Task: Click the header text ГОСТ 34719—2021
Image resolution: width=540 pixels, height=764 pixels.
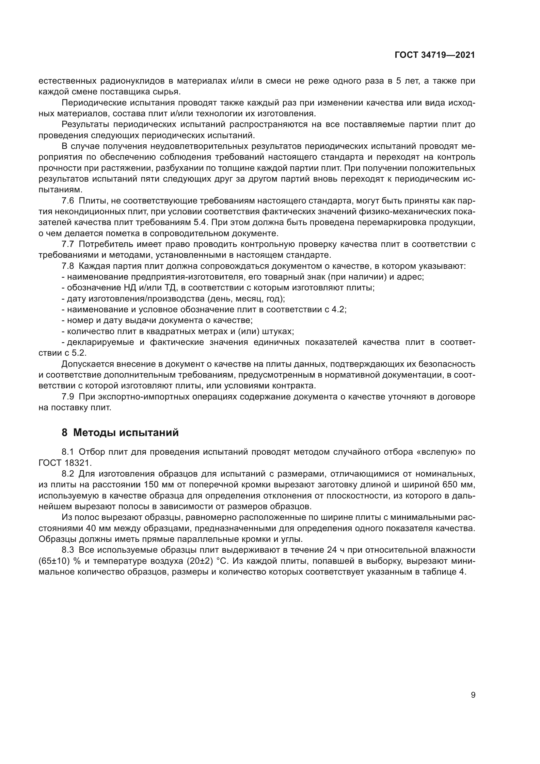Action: (x=435, y=55)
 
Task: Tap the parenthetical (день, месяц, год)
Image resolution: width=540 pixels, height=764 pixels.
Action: (x=246, y=299)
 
